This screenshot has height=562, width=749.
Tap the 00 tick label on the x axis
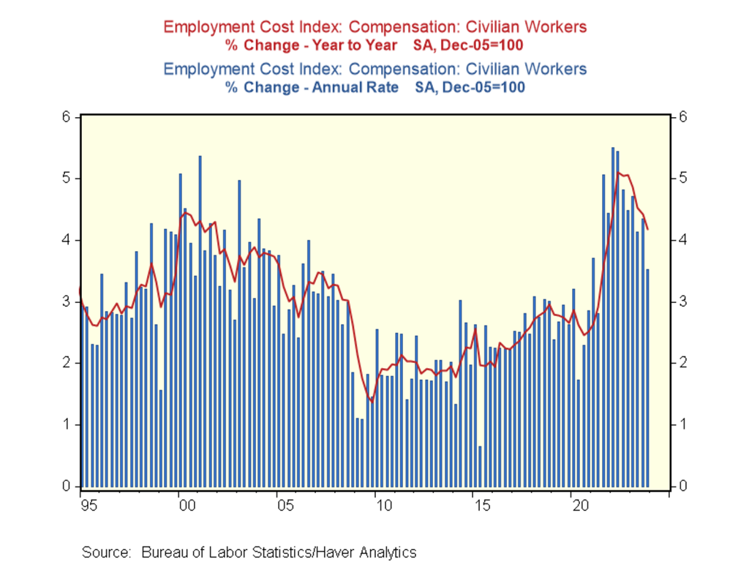pos(186,505)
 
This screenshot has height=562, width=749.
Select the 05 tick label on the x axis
pos(284,505)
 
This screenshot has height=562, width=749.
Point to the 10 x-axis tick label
pos(382,505)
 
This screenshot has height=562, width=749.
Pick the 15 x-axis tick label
pos(481,505)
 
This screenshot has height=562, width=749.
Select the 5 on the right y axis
pos(682,179)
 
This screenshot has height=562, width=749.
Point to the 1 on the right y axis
pos(682,424)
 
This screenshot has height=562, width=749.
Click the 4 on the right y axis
pos(682,240)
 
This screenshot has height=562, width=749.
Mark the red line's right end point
pos(648,230)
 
